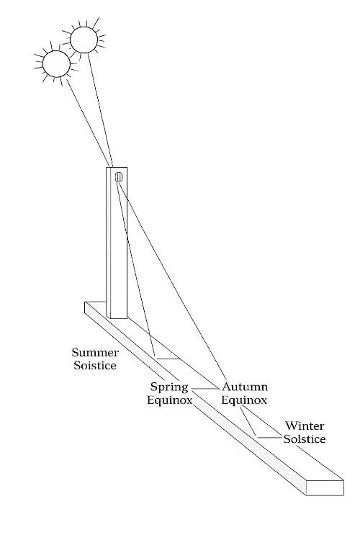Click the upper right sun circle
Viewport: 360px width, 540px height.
(84, 40)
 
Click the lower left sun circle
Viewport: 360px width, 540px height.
(56, 63)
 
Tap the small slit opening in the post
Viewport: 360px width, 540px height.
(118, 177)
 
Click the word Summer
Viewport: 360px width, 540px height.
(95, 353)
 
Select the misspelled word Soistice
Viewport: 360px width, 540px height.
(95, 365)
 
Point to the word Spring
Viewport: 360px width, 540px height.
(168, 387)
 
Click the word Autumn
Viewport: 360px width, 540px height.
(245, 387)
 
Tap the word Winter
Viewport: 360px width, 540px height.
(305, 426)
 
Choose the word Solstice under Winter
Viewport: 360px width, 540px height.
(305, 439)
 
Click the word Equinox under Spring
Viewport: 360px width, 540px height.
(169, 400)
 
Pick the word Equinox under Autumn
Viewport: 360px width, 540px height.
(244, 400)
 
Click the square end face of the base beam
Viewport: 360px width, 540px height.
(325, 488)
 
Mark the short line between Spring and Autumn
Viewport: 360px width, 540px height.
(206, 389)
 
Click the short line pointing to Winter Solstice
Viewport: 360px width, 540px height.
(270, 437)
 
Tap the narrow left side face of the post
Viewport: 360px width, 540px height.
(109, 243)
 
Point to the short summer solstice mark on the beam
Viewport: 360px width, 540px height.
(168, 359)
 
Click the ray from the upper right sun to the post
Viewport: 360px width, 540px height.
(100, 110)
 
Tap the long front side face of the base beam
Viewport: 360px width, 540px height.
(195, 399)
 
